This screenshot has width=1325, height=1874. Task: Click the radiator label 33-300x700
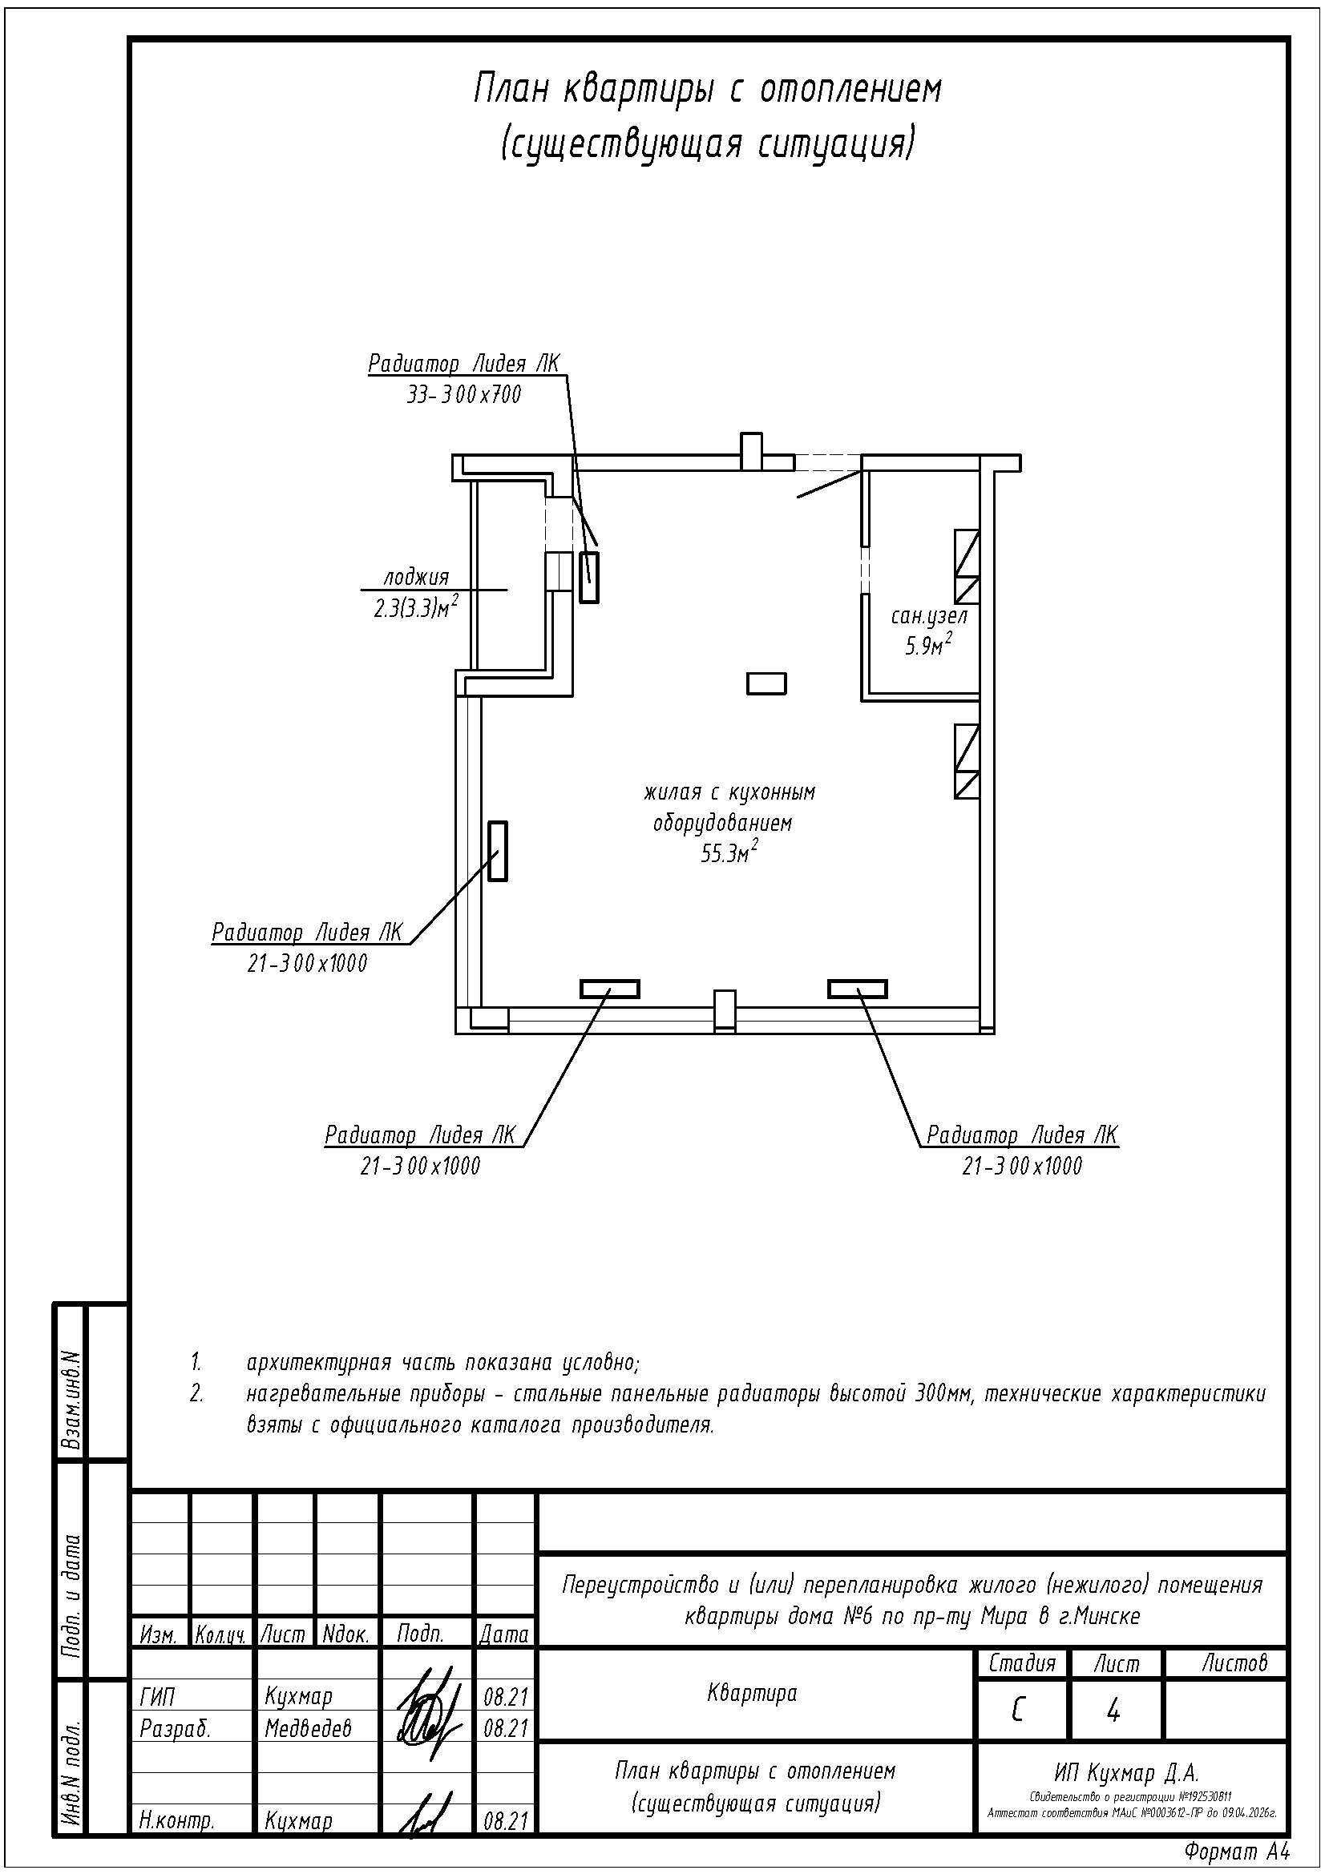pos(463,396)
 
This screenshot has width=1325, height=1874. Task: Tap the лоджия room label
pos(416,578)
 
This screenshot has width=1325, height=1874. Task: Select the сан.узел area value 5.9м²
pos(928,647)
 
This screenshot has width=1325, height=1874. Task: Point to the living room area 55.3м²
pos(728,854)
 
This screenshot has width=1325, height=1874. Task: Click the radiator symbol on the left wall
pos(497,852)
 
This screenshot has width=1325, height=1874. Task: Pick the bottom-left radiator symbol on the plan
pos(610,989)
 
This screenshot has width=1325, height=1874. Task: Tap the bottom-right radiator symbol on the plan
pos(857,989)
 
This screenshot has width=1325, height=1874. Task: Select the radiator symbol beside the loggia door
pos(588,577)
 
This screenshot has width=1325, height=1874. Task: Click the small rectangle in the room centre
pos(766,683)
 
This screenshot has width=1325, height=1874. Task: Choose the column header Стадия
pos(1021,1662)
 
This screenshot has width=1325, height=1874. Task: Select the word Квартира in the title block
pos(752,1693)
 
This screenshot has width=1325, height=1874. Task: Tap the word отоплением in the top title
pos(851,90)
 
